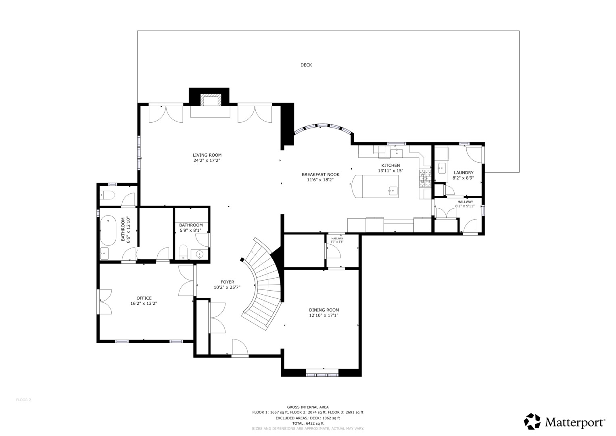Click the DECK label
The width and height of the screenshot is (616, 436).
point(306,65)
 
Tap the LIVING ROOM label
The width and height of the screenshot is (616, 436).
point(207,155)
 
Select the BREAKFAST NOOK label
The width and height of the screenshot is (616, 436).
point(320,174)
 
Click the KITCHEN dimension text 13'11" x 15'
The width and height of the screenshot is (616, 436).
point(390,171)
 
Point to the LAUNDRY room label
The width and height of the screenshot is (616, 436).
point(464,173)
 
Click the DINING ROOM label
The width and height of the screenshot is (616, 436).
point(324,310)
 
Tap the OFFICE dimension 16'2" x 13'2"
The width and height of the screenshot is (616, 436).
point(144,303)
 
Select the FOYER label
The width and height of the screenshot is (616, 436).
point(227,282)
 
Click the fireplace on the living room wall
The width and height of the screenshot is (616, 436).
point(210,101)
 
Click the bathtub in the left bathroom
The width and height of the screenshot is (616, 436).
point(108,231)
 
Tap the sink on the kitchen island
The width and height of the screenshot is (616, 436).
point(393,191)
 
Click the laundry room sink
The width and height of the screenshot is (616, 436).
point(442,167)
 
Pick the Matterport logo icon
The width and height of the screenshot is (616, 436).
point(532,421)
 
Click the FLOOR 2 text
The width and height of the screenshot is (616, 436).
point(23,400)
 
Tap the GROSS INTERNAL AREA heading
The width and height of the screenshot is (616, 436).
point(307,407)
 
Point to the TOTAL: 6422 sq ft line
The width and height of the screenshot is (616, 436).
point(307,423)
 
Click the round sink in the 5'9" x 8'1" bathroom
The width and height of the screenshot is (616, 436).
point(199,254)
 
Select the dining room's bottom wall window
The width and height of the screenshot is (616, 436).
point(322,375)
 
